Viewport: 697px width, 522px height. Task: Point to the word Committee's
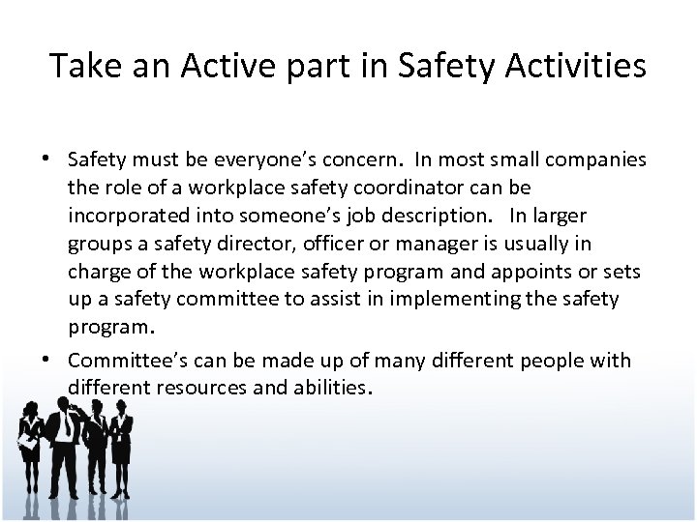click(x=121, y=362)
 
